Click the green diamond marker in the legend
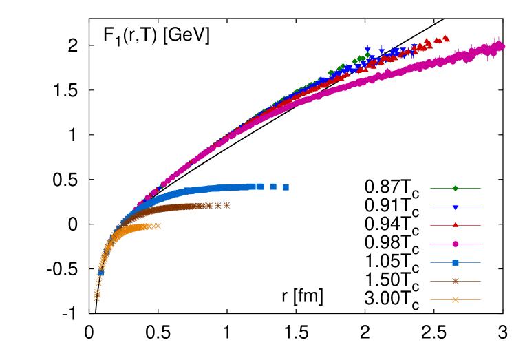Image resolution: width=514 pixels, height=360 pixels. tap(455, 188)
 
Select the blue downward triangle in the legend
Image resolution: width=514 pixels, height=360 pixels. tap(455, 207)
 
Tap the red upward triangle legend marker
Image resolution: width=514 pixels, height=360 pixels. tap(455, 225)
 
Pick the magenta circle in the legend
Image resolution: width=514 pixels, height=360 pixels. tap(455, 244)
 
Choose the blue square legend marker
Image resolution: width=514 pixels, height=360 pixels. tap(455, 262)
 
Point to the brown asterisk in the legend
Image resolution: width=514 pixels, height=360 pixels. tap(455, 281)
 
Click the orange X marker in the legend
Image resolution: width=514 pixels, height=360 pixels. tap(455, 299)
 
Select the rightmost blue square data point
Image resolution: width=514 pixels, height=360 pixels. tap(286, 187)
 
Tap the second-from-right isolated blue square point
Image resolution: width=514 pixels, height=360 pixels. tap(273, 187)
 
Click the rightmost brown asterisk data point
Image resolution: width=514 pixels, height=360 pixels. tap(226, 205)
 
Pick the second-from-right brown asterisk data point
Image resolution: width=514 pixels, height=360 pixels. tap(218, 205)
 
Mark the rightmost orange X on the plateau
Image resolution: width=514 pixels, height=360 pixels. tap(158, 226)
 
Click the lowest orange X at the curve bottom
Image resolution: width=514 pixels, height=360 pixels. tap(96, 298)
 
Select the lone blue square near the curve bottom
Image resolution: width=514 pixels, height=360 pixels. tap(100, 273)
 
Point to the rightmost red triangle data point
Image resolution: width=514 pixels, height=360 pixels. tap(446, 39)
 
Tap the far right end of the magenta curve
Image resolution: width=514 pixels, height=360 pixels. tap(502, 47)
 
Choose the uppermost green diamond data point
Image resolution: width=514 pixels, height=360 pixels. tap(367, 55)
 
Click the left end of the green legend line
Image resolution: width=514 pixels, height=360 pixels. tap(431, 188)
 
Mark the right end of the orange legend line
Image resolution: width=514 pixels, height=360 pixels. tap(480, 299)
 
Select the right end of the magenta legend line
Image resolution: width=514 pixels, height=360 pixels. tap(480, 244)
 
